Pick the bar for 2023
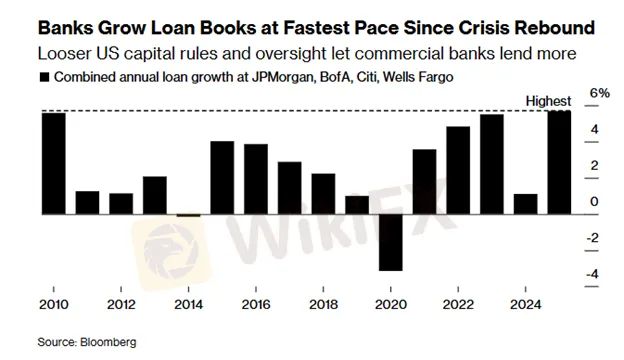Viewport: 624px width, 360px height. tap(492, 164)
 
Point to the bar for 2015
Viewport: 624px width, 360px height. tap(222, 177)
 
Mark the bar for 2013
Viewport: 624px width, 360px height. tap(155, 194)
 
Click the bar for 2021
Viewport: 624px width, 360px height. tap(425, 181)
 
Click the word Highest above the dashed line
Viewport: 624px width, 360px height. tap(549, 101)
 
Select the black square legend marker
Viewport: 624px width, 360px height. tap(43, 78)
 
